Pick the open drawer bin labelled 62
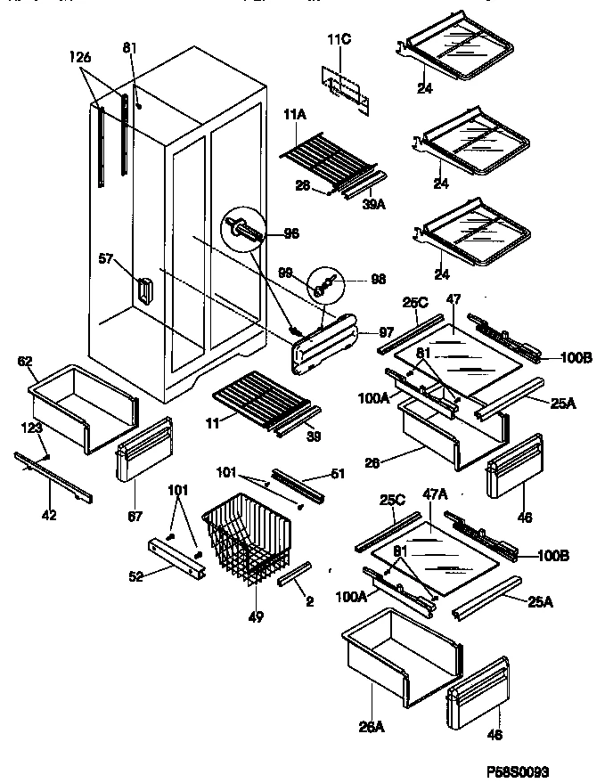click(x=85, y=405)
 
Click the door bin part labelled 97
click(x=326, y=343)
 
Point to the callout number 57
click(x=105, y=259)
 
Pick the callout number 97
click(x=385, y=331)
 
